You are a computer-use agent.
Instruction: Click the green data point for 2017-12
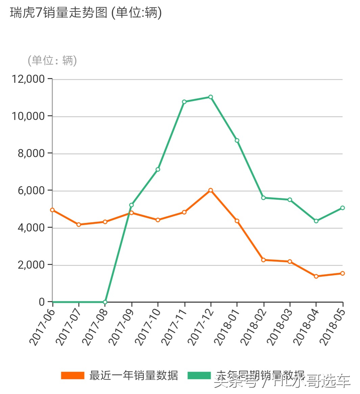coord(211,97)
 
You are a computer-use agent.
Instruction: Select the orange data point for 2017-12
coord(211,190)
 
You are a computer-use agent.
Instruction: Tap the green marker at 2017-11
coord(184,102)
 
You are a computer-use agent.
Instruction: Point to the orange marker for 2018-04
coord(316,276)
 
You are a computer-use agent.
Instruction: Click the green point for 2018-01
coord(237,140)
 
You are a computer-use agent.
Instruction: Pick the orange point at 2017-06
coord(52,210)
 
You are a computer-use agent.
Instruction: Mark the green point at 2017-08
coord(105,302)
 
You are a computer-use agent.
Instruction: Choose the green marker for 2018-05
coord(342,208)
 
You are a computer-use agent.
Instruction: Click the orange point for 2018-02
coord(263,260)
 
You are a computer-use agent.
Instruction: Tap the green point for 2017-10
coord(158,169)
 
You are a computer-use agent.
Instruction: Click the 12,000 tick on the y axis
coord(28,79)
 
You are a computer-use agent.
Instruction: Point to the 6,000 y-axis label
coord(31,191)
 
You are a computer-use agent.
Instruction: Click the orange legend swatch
coord(72,375)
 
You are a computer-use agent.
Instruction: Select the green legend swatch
coord(199,375)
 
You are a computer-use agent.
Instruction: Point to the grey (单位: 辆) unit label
coord(52,60)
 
